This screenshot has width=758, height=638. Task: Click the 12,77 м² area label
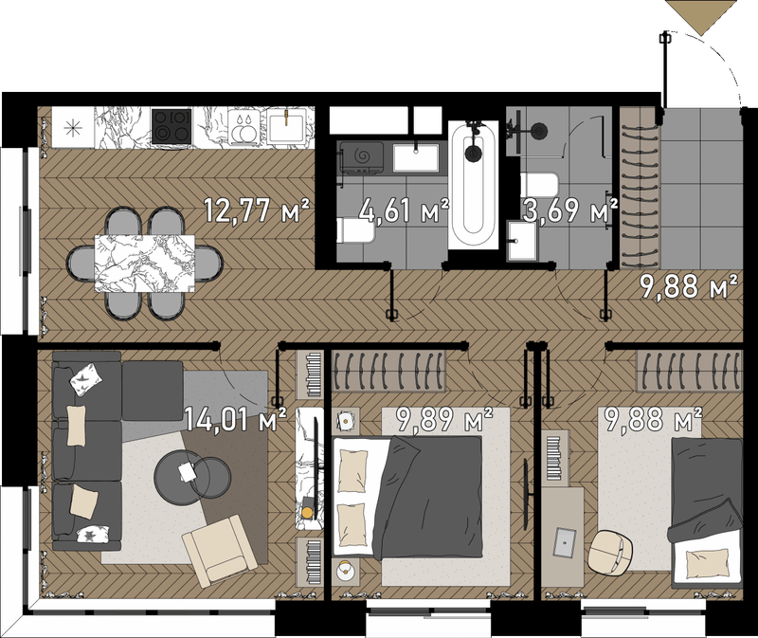click(256, 210)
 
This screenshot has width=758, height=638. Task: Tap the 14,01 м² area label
click(235, 419)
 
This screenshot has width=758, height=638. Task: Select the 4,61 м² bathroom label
click(405, 210)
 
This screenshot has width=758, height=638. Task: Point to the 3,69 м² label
click(570, 210)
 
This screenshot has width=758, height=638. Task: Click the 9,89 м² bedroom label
click(444, 419)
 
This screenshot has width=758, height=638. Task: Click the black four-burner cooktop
click(171, 126)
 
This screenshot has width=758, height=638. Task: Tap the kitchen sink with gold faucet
click(286, 126)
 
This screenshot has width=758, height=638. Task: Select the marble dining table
click(145, 264)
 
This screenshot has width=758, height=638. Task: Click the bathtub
click(473, 185)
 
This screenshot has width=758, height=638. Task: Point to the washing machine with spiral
click(362, 156)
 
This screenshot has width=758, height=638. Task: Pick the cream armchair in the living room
click(220, 550)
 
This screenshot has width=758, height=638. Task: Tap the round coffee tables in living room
click(192, 477)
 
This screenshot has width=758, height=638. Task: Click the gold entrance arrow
click(701, 17)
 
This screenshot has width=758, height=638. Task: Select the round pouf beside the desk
click(610, 553)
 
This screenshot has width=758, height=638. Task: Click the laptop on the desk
click(565, 542)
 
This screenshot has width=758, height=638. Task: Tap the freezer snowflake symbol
click(73, 128)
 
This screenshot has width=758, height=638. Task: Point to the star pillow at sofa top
click(86, 379)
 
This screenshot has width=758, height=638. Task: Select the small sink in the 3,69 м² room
click(523, 241)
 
